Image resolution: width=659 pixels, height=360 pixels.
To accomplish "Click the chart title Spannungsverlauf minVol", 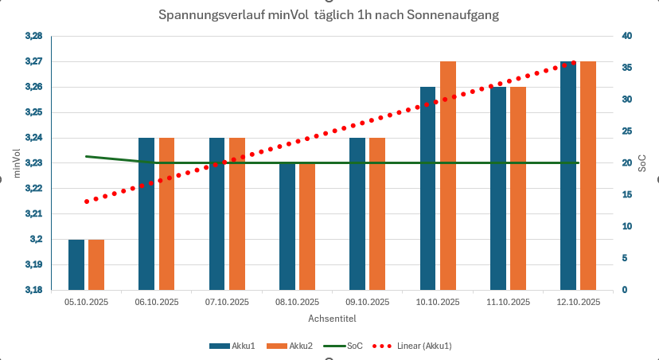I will click(329, 15).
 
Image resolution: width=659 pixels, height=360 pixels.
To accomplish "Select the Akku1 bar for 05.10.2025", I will click(76, 264).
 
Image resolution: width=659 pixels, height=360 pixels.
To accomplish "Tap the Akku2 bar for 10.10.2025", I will click(448, 175).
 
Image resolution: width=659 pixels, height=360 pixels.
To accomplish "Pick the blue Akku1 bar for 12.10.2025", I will click(568, 175).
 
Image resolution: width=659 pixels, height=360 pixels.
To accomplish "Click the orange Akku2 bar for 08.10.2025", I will click(307, 226).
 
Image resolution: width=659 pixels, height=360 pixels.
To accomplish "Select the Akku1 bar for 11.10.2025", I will click(498, 188).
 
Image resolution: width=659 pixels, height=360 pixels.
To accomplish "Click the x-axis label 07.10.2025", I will click(228, 302).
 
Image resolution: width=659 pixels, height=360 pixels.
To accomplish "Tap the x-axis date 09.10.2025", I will click(368, 302).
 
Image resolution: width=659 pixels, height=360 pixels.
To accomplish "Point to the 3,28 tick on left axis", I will click(33, 36).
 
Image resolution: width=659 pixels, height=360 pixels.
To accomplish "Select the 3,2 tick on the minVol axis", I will click(37, 239).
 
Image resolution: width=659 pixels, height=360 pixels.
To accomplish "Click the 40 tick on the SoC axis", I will click(627, 36).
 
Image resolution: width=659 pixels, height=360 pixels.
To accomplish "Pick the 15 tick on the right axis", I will click(626, 194).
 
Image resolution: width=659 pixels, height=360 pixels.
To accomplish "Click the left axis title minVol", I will click(15, 162).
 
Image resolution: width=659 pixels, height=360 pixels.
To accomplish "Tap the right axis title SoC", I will click(643, 162).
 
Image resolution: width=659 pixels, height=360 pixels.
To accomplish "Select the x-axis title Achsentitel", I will click(332, 319).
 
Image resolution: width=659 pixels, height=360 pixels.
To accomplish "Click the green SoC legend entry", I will click(346, 346).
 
